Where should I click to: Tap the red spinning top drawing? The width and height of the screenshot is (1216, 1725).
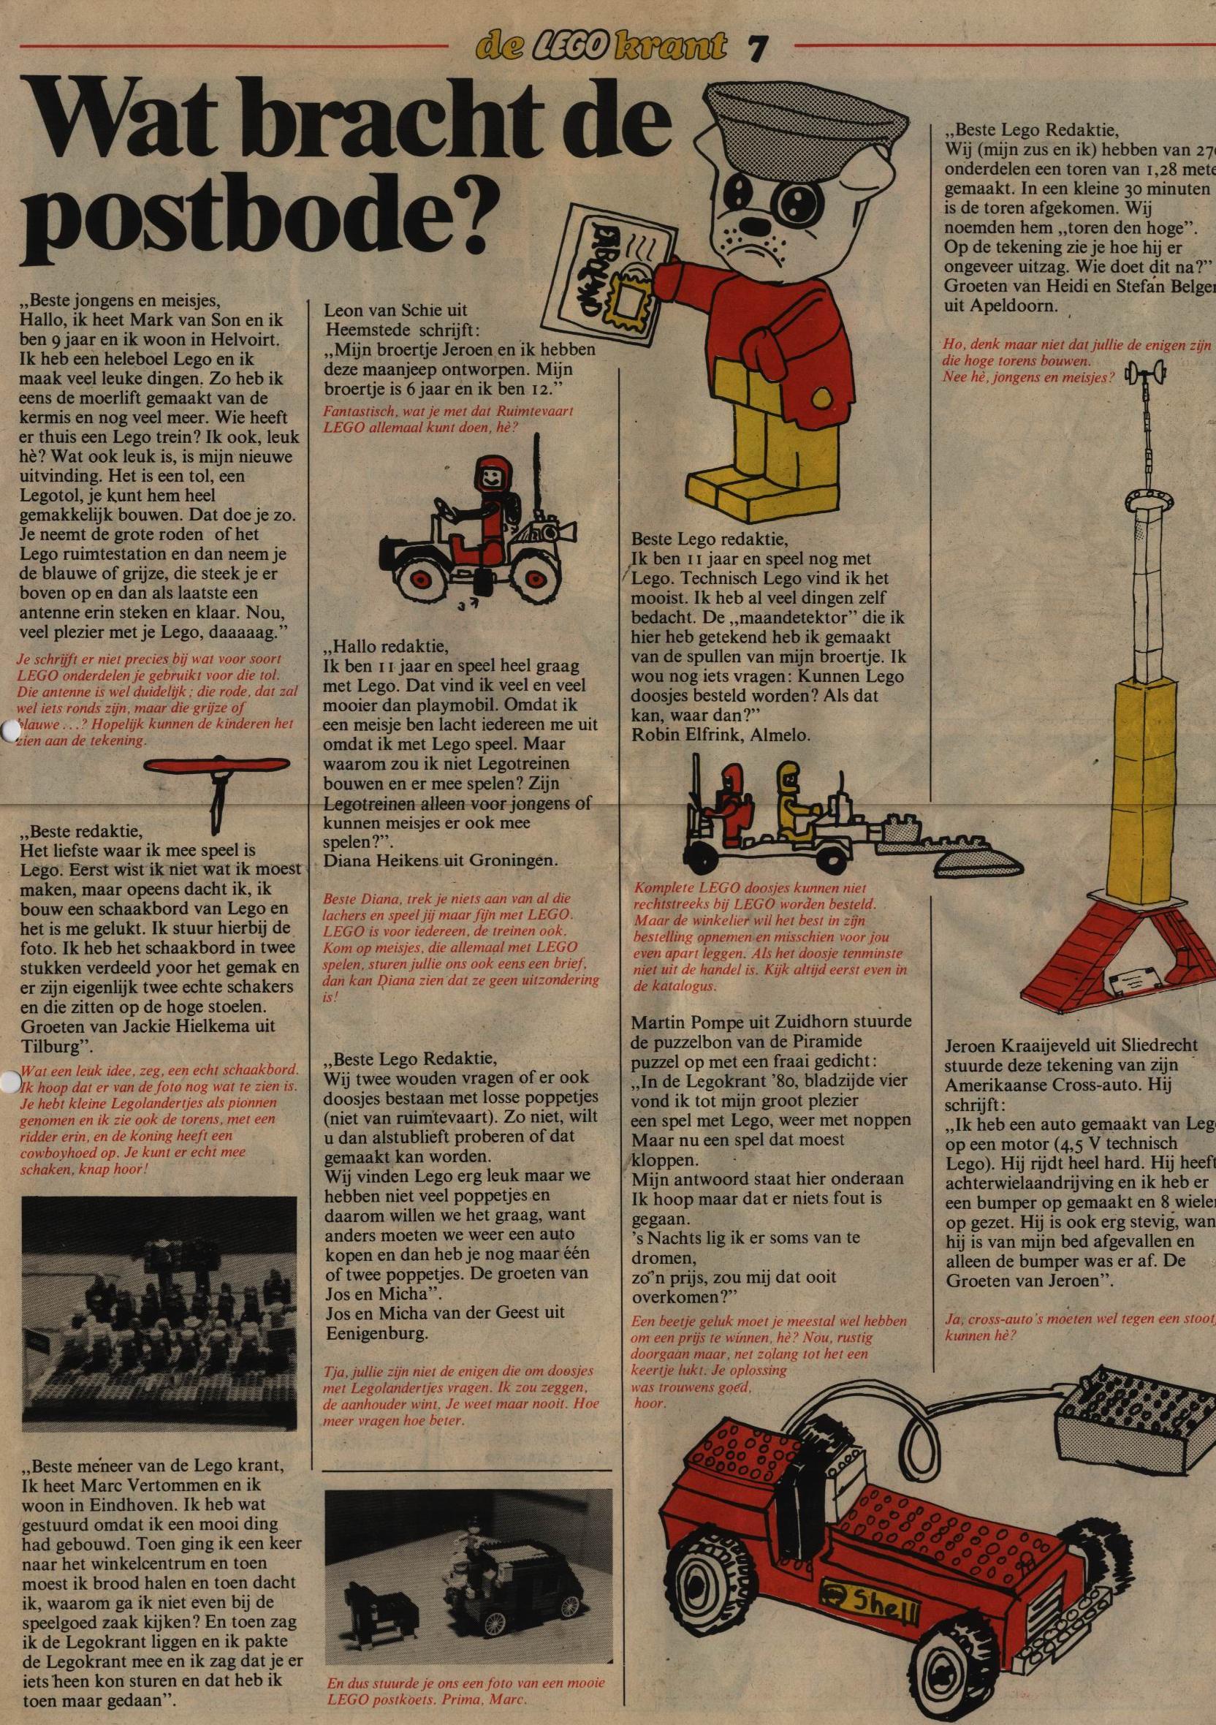click(217, 766)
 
